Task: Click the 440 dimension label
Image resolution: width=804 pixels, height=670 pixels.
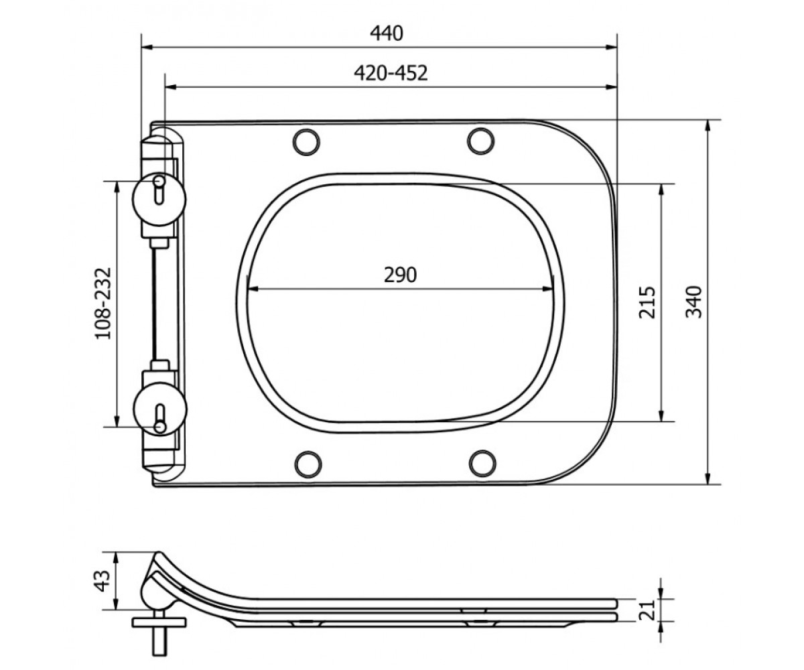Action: (386, 33)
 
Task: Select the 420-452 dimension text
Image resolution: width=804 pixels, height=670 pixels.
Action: (391, 73)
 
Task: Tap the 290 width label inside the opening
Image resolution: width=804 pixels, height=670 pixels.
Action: (400, 275)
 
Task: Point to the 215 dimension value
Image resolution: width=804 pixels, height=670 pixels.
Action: (647, 302)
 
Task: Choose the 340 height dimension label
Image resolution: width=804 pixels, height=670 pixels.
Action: (694, 302)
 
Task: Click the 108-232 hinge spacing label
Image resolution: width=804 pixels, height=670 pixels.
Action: (103, 304)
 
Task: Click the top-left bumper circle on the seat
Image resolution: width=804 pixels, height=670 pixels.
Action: (306, 141)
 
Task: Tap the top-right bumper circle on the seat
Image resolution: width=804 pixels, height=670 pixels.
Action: (481, 141)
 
